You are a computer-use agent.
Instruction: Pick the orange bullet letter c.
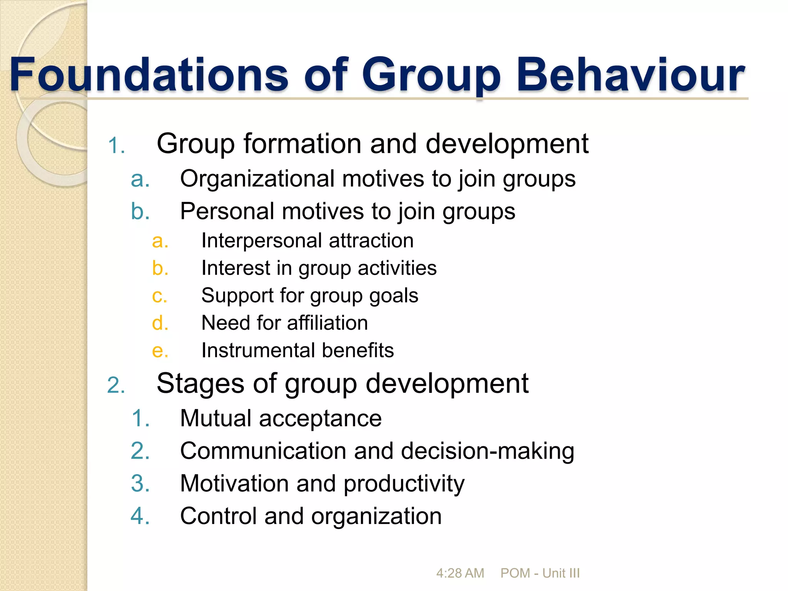point(159,296)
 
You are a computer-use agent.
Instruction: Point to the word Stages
point(200,384)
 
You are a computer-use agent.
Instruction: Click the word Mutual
point(215,418)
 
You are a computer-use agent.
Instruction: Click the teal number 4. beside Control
point(140,516)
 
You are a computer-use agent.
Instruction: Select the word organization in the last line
point(376,516)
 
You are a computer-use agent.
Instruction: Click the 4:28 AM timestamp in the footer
point(460,573)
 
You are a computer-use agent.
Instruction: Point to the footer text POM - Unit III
point(540,573)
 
